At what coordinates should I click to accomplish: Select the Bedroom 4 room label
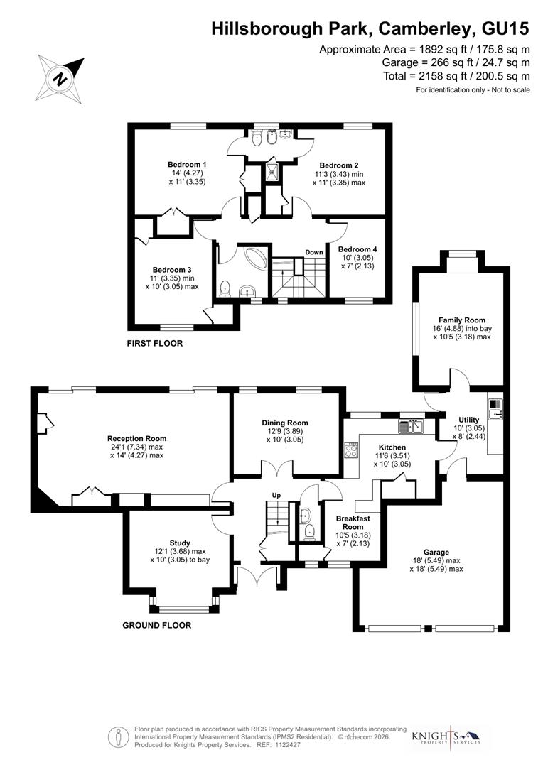click(x=357, y=249)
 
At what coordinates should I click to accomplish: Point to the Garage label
click(x=436, y=552)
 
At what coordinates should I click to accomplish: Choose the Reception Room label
click(x=136, y=438)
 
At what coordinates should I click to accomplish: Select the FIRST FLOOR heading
click(x=154, y=344)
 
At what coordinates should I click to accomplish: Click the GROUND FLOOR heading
click(x=156, y=626)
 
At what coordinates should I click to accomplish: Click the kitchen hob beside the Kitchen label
click(x=350, y=450)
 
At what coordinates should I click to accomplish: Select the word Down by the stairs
click(x=313, y=252)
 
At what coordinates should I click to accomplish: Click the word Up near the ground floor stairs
click(x=276, y=495)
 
